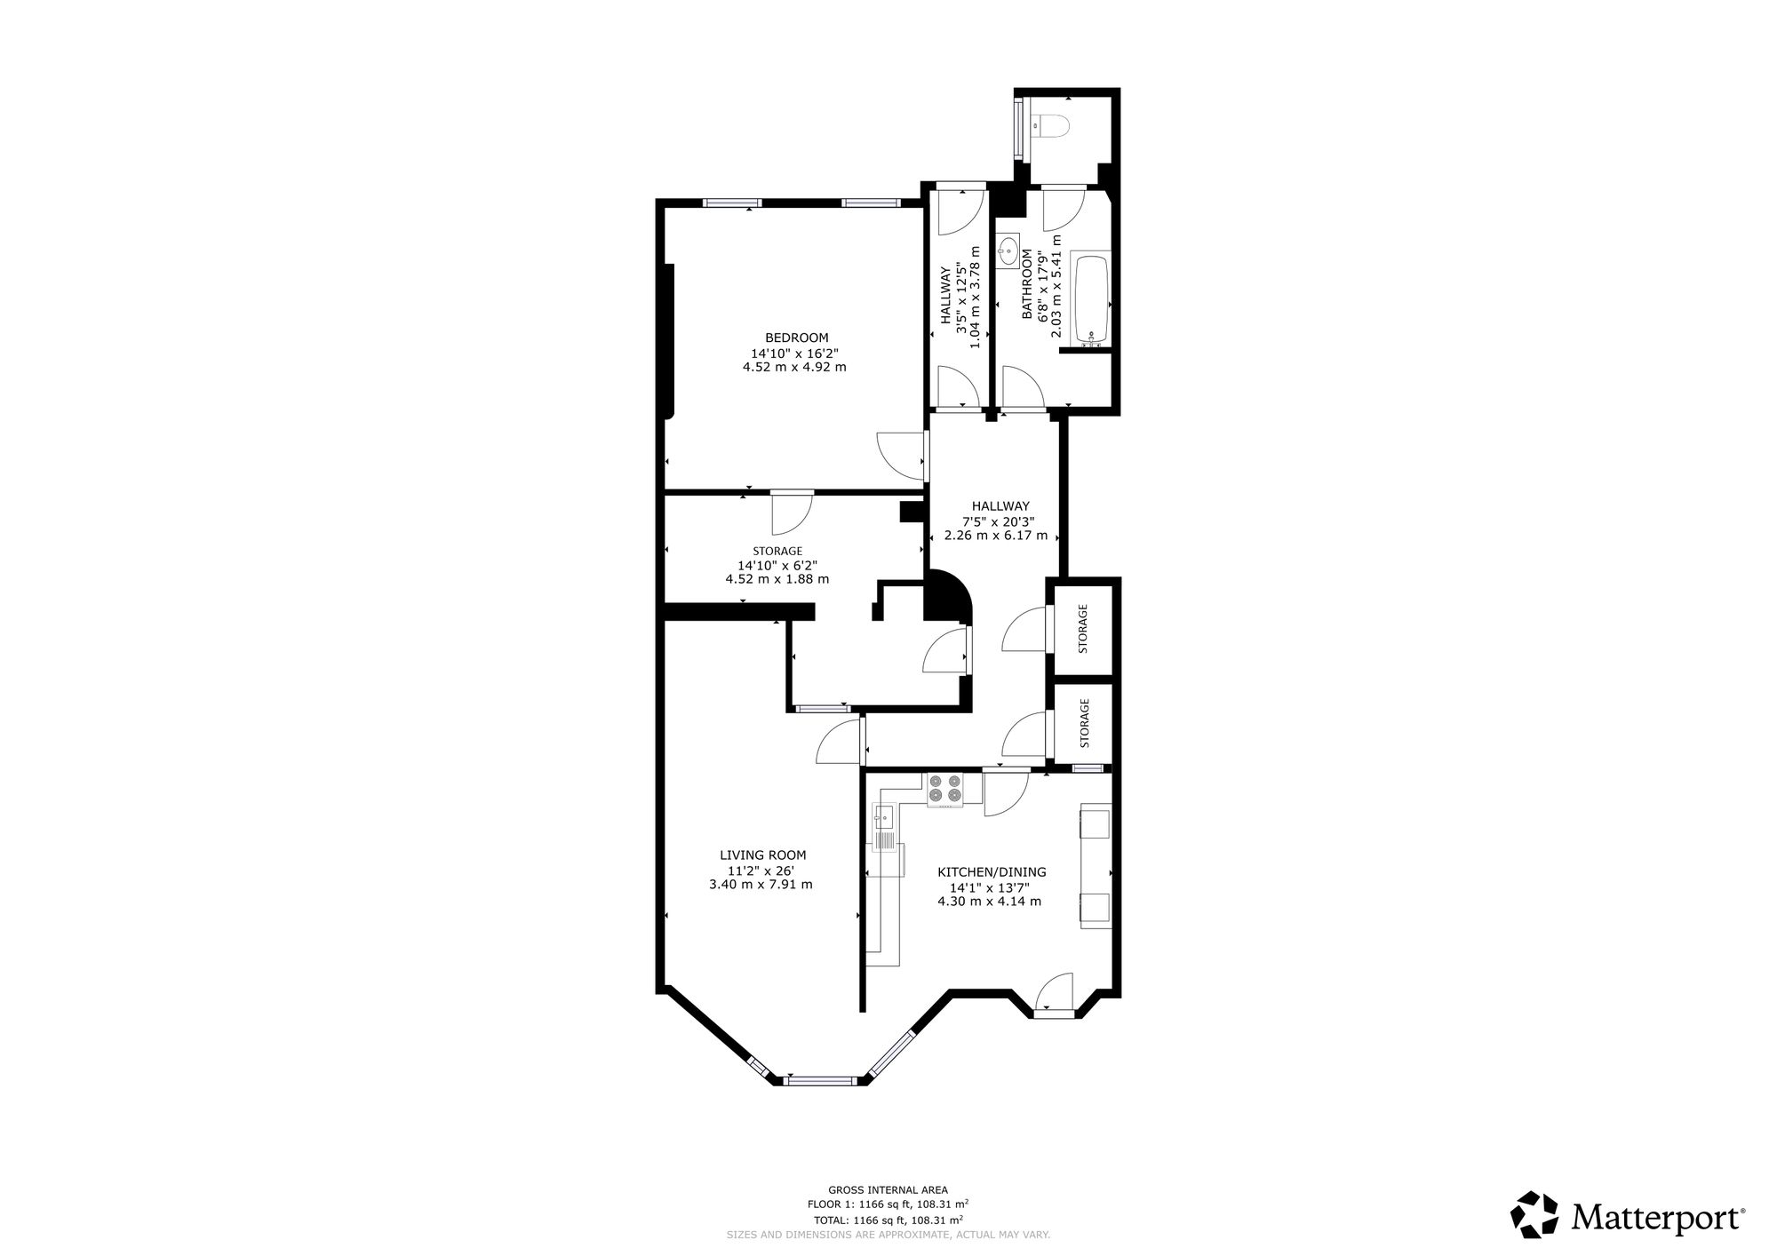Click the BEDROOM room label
pyautogui.click(x=797, y=338)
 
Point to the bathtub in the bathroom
pyautogui.click(x=1090, y=299)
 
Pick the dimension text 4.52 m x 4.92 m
pyautogui.click(x=794, y=366)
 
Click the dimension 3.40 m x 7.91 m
pyautogui.click(x=761, y=884)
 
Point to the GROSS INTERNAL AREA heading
pyautogui.click(x=888, y=1189)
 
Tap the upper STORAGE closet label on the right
pyautogui.click(x=1082, y=628)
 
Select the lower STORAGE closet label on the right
pyautogui.click(x=1083, y=722)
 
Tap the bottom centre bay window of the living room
pyautogui.click(x=820, y=1080)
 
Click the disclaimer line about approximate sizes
pyautogui.click(x=888, y=1235)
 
